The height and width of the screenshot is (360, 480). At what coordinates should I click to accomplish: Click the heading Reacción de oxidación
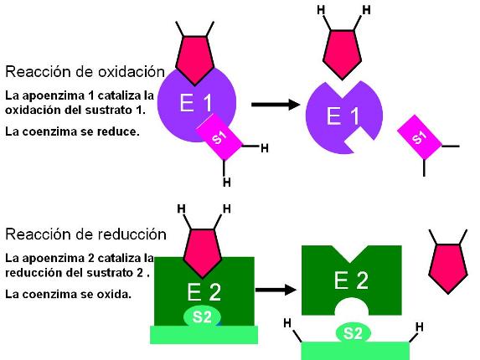pos(85,71)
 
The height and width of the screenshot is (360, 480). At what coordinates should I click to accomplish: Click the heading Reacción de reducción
pos(85,234)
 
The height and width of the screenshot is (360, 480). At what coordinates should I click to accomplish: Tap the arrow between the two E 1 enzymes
pos(276,105)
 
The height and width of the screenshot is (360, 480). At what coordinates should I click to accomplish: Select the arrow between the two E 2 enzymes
pos(276,290)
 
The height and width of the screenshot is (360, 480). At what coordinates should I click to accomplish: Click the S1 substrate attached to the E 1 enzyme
pos(219,137)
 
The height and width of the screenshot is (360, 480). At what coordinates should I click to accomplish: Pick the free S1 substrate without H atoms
pos(420,137)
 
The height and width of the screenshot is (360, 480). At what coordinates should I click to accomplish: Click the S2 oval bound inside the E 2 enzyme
pos(202,316)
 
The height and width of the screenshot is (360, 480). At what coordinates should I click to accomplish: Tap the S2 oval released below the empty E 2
pos(353,332)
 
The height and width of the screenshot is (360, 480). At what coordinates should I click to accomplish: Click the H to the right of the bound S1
pos(265,148)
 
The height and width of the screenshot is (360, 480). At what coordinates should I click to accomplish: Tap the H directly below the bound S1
pos(226,183)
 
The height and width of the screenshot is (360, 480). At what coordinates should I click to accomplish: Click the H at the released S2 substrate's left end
pos(287,323)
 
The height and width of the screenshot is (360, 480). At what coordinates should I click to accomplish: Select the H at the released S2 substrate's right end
pos(420,327)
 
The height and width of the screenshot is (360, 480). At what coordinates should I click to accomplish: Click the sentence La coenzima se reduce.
pos(72,131)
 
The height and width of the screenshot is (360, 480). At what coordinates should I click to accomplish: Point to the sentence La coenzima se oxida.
pos(68,294)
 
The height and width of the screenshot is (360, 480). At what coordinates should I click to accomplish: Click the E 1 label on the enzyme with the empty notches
pos(343,116)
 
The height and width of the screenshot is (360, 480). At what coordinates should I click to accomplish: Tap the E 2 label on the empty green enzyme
pos(351,280)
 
